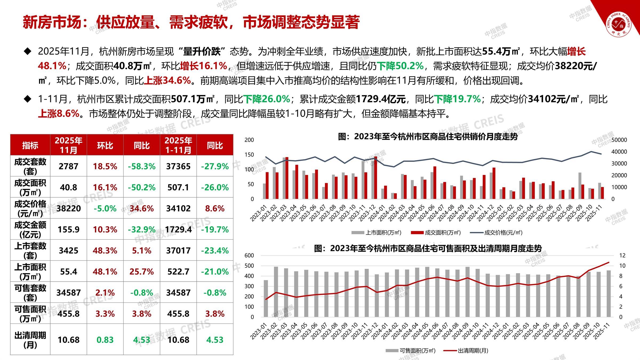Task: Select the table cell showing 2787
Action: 69,166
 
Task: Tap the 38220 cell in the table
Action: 69,208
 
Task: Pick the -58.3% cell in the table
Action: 142,166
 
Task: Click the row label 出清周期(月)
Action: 30,340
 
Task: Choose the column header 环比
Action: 105,146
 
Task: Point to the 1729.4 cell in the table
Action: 178,229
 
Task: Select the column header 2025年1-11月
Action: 178,145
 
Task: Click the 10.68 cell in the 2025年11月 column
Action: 69,340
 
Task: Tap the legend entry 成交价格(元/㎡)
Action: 503,233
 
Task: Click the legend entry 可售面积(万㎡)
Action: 417,350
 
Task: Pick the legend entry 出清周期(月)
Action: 473,350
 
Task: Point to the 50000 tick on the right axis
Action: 619,140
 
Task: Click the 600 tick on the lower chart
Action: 249,255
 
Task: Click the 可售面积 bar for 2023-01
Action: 266,298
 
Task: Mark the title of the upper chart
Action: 428,137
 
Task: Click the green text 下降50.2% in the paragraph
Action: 400,66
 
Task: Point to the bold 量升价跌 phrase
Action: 202,51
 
